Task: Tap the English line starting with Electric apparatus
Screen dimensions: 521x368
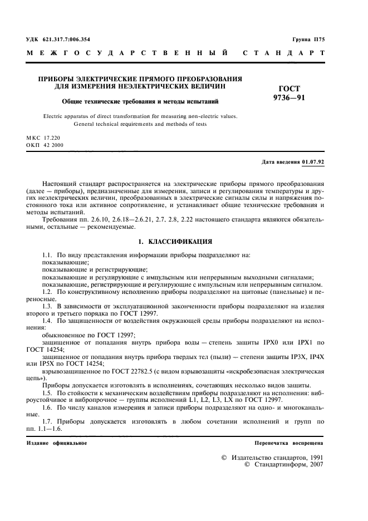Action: tap(139, 116)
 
